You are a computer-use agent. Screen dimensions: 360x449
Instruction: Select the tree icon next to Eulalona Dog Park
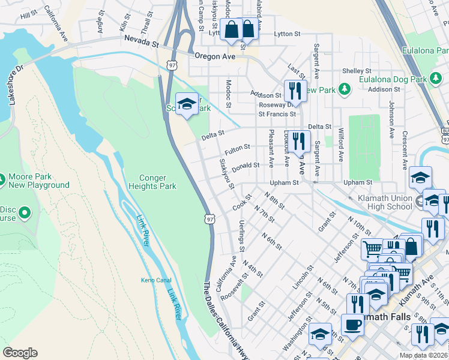344,89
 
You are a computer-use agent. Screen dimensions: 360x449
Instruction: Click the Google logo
20,353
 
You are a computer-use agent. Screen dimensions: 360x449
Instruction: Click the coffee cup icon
352,324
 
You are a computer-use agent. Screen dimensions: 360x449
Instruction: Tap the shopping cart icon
372,248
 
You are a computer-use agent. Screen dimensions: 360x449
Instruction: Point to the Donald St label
246,166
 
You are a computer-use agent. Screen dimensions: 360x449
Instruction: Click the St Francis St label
277,113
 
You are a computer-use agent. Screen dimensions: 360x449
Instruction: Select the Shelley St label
354,71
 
